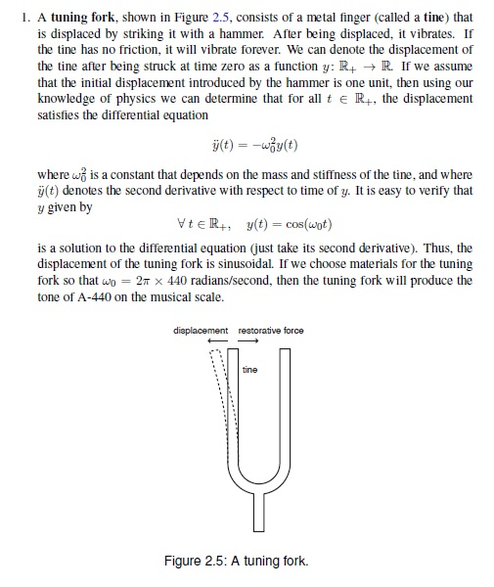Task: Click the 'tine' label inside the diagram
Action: click(249, 370)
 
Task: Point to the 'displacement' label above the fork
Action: click(203, 331)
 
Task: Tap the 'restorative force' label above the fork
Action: click(271, 331)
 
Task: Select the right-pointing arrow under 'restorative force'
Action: click(248, 341)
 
